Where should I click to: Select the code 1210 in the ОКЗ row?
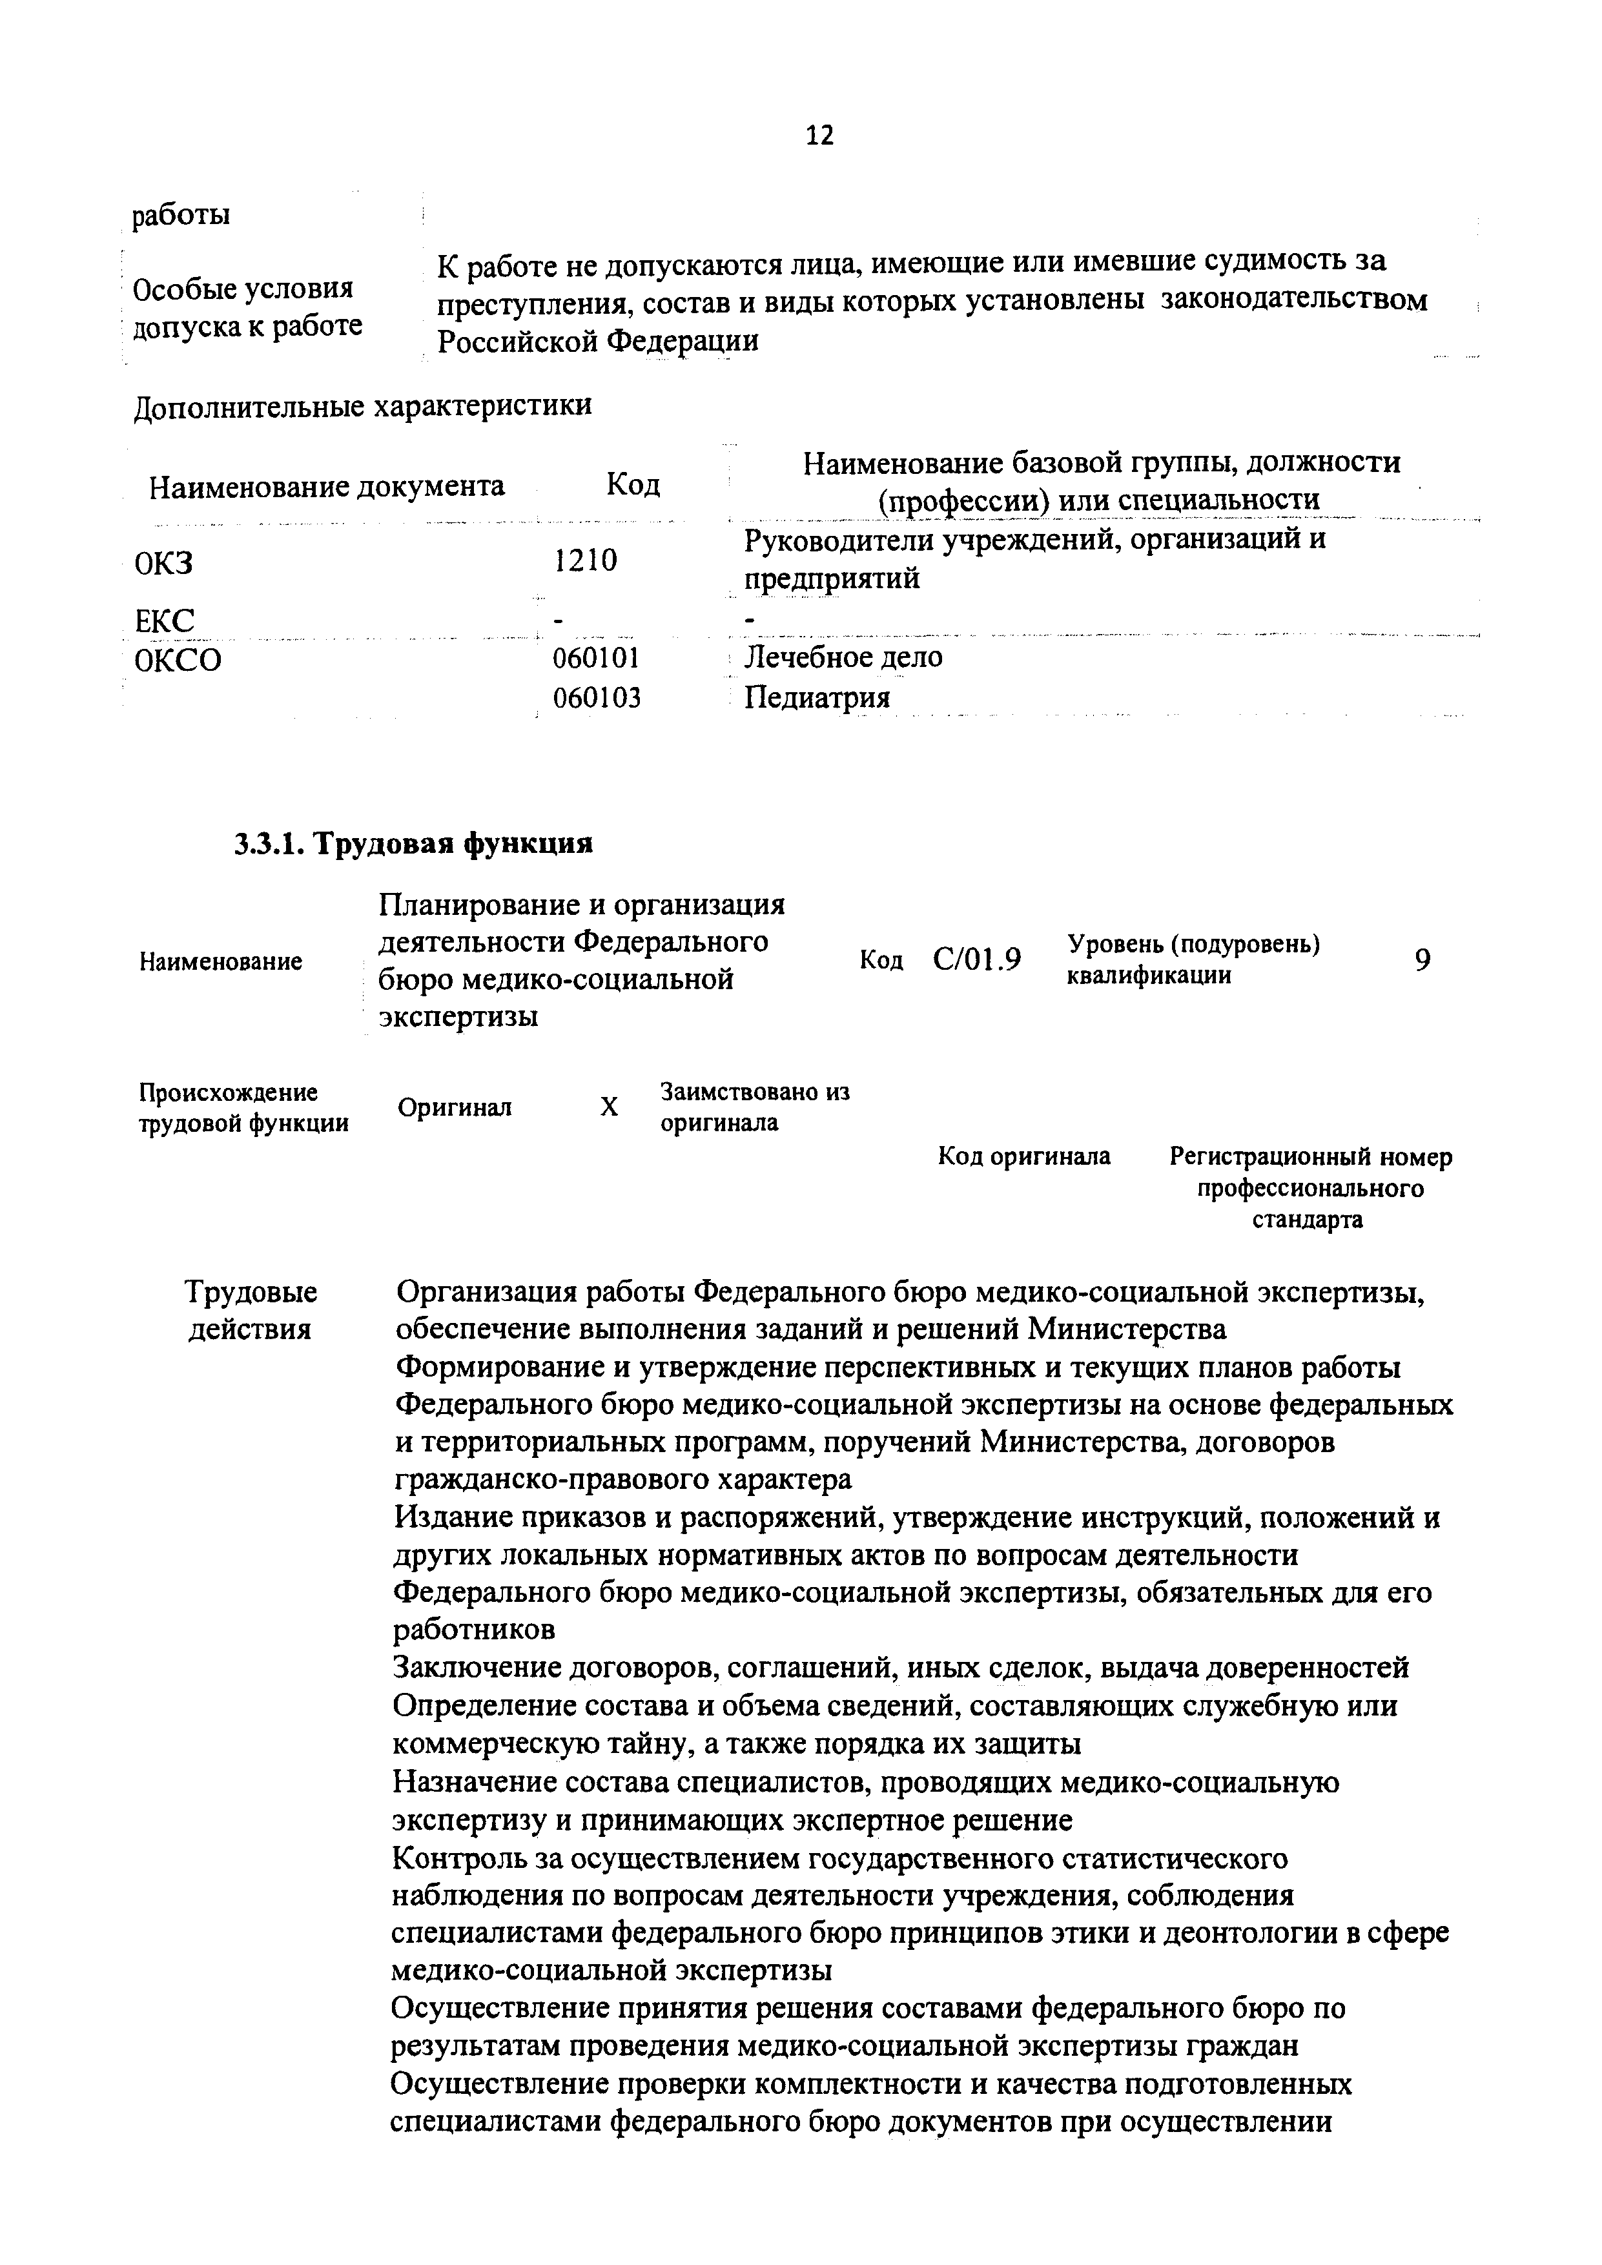click(x=585, y=560)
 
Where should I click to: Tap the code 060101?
click(x=596, y=657)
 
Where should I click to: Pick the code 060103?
click(x=596, y=699)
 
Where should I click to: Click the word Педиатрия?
click(x=817, y=699)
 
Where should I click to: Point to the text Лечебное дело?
click(x=843, y=657)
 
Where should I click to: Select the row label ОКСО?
click(x=178, y=659)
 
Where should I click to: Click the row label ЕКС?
click(x=165, y=620)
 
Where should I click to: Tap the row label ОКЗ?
click(x=164, y=563)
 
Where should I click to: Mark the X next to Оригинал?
click(x=610, y=1107)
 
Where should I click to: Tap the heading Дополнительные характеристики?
click(x=362, y=405)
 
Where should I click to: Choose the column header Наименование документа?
click(x=327, y=486)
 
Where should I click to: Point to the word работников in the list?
click(x=473, y=1630)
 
